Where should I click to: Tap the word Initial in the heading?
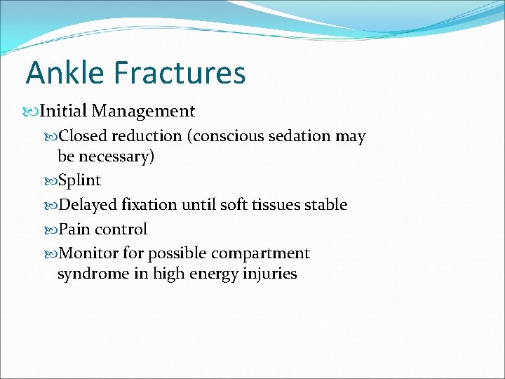(x=62, y=111)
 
